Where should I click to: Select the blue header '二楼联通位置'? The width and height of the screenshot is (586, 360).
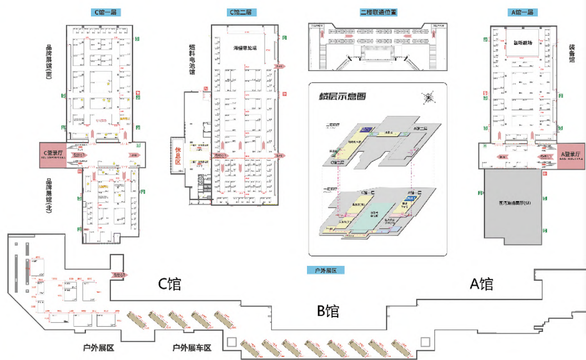point(379,12)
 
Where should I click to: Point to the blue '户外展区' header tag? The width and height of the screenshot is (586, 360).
point(323,270)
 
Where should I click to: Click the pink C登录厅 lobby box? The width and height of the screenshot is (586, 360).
point(53,155)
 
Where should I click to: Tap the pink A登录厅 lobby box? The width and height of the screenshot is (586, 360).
point(571,156)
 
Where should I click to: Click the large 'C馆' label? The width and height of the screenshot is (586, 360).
point(170,283)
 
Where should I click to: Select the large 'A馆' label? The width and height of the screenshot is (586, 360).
point(481,283)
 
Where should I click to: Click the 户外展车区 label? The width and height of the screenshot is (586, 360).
point(192,348)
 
